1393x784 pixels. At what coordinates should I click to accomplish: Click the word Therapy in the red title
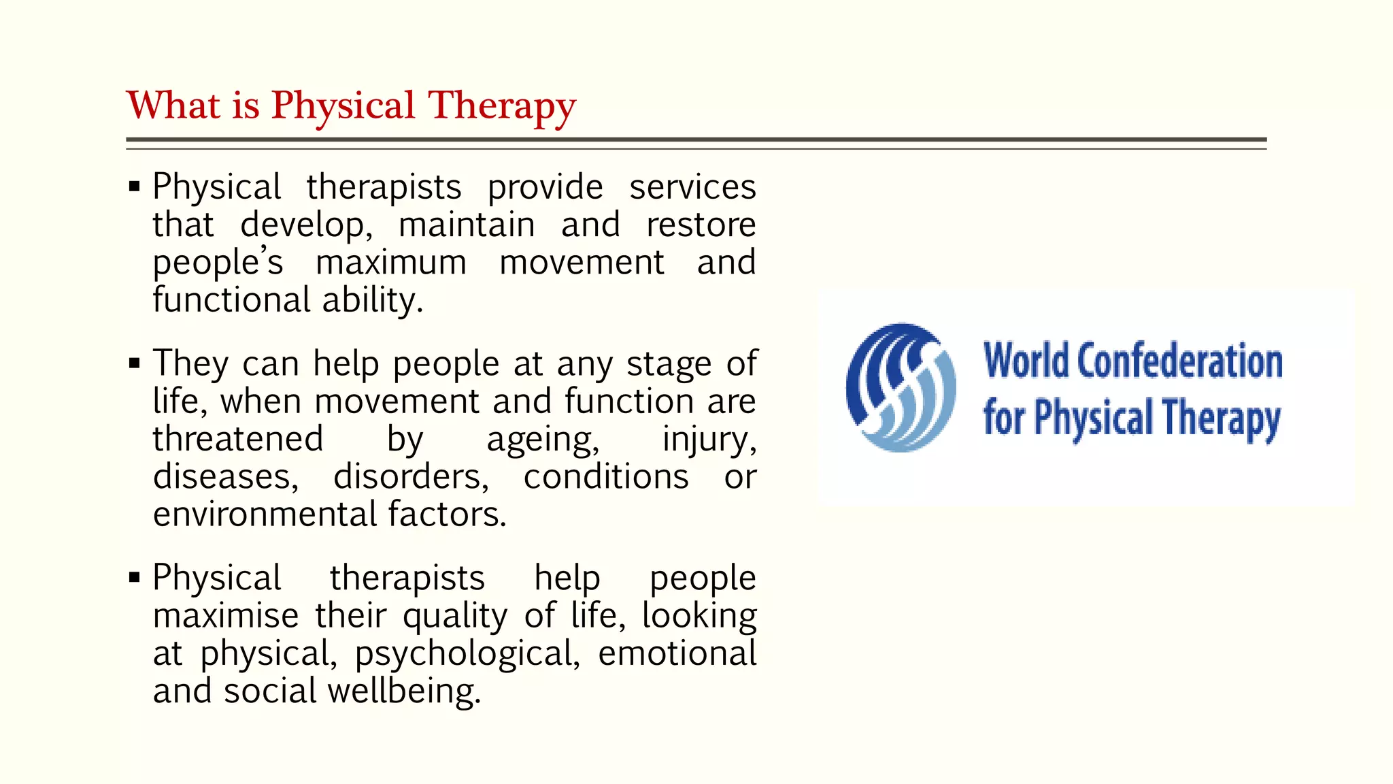tap(501, 107)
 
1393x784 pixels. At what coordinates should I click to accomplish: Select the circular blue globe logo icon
tap(901, 387)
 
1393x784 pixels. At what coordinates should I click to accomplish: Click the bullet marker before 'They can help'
tap(135, 363)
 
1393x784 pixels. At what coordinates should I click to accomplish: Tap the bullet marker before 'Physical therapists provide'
tap(135, 186)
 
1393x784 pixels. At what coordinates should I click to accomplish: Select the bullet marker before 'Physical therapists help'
tap(135, 578)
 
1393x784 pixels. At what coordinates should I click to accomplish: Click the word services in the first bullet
tap(692, 187)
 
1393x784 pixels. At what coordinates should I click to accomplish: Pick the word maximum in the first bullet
tap(391, 263)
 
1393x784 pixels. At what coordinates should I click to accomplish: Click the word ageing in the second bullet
tap(543, 440)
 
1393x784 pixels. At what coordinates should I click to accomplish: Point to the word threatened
tap(238, 439)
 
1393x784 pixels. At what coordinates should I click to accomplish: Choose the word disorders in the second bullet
tap(411, 477)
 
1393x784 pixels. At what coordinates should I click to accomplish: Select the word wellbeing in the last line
tap(404, 691)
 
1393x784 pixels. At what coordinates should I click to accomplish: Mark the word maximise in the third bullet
tap(226, 616)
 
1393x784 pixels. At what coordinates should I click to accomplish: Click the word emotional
tap(677, 653)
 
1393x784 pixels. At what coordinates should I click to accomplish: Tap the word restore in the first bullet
tap(701, 225)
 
